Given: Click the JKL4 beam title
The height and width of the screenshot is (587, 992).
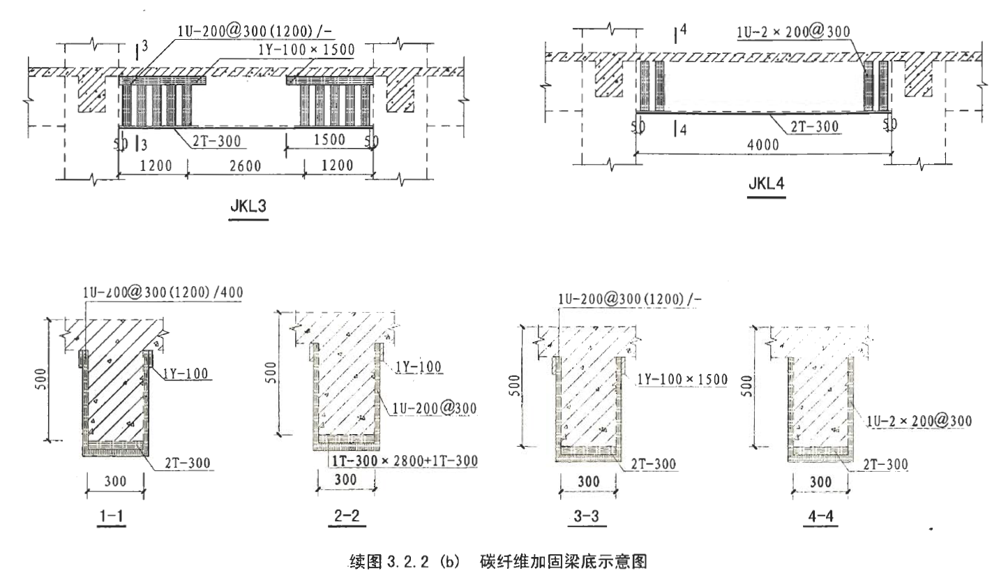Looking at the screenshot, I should (x=766, y=186).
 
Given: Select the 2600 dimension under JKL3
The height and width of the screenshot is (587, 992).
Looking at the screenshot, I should (x=245, y=166).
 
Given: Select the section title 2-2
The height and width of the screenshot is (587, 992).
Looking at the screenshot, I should (x=347, y=517).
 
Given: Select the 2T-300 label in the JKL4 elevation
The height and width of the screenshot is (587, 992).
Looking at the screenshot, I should (x=814, y=127).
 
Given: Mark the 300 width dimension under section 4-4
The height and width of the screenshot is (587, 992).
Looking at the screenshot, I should (x=820, y=482).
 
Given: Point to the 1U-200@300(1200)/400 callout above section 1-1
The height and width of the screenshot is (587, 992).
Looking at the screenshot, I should (x=162, y=292).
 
